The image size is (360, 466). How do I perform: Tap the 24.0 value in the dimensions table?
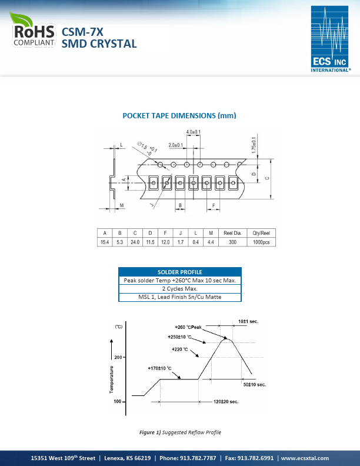point(135,242)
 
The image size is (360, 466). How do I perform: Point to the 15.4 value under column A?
point(105,242)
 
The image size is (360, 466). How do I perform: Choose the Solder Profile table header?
point(179,272)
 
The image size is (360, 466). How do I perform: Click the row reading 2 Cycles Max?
point(179,289)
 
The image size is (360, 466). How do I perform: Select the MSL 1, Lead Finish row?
point(179,297)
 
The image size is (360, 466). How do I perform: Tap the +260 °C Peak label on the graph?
point(188,327)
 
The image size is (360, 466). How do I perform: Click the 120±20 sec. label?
point(225,401)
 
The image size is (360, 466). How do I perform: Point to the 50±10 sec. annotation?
point(255,384)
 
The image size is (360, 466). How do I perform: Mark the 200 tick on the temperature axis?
point(118,358)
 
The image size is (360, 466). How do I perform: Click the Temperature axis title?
point(111,379)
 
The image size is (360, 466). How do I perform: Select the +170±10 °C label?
point(159,369)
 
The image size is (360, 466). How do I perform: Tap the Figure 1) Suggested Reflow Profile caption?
point(180,432)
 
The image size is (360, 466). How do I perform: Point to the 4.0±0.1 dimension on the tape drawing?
point(194,132)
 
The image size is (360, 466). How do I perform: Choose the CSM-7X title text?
point(82,33)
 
